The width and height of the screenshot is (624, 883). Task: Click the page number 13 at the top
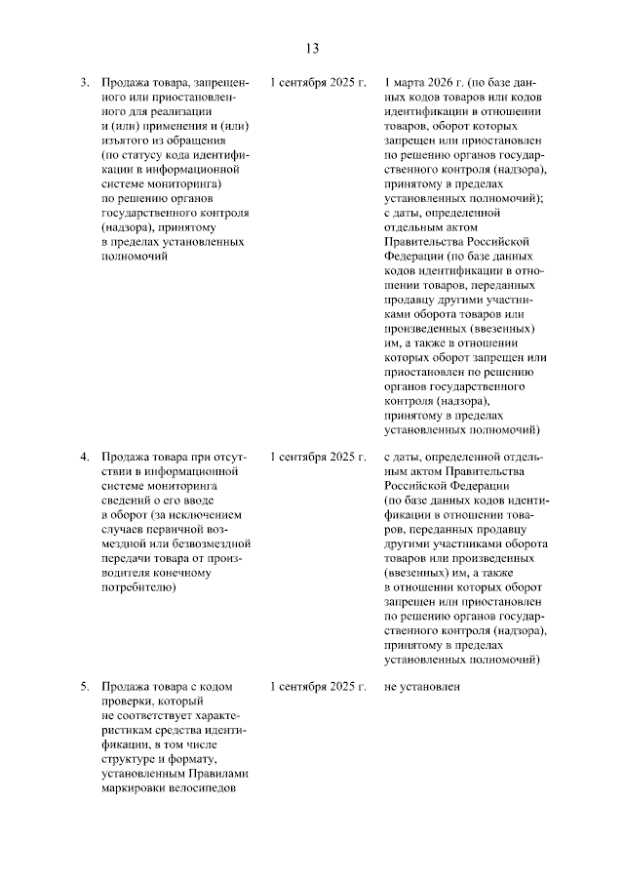(x=312, y=48)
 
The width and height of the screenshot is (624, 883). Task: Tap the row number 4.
(x=85, y=456)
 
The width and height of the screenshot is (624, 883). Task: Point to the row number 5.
(x=85, y=687)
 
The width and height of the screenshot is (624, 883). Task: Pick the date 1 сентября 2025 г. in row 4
(x=318, y=456)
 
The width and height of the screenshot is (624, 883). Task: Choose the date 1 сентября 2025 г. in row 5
(x=318, y=687)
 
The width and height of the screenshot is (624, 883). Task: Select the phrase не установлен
(x=421, y=687)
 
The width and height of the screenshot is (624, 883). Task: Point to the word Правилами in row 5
(x=220, y=775)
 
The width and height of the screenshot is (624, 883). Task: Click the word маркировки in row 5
(x=133, y=789)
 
